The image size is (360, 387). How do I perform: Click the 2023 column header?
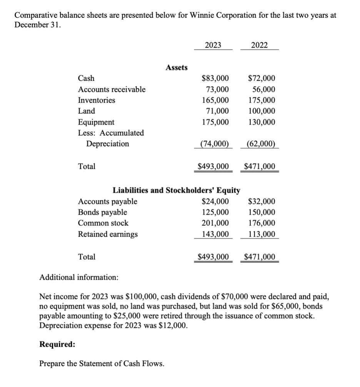pos(213,45)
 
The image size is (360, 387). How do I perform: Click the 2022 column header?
pos(259,45)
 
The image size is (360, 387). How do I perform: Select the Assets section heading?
pos(177,68)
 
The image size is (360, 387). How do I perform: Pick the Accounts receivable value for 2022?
pos(263,90)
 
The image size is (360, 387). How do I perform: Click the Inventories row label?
pos(96,100)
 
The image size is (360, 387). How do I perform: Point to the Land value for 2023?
pos(217,111)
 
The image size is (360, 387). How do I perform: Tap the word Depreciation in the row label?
pos(108,144)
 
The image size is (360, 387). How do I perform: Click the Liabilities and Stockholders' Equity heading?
pos(176,190)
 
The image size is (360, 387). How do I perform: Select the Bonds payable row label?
pos(102,212)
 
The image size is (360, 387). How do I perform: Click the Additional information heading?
pos(79,277)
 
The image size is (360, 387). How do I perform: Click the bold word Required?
pos(57,344)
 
